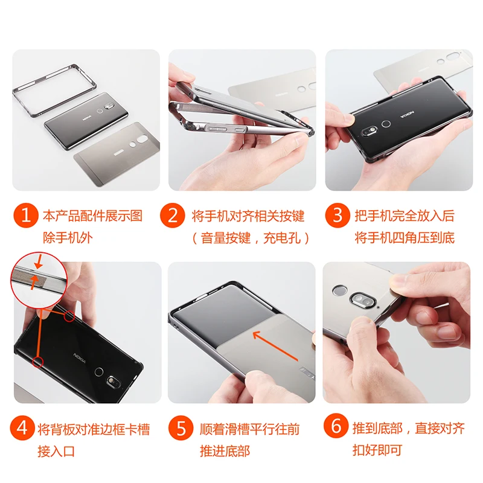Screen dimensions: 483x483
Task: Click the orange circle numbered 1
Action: [x=26, y=216]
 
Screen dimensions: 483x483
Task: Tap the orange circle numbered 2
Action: [x=173, y=216]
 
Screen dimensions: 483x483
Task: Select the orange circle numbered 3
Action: [x=337, y=216]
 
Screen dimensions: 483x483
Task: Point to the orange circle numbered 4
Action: [x=22, y=428]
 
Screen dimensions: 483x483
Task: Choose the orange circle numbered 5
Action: [x=181, y=428]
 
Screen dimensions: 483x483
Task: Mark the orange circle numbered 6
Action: [x=336, y=426]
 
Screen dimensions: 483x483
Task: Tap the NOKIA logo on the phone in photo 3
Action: [x=407, y=115]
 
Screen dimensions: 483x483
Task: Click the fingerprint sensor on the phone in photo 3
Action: [x=386, y=124]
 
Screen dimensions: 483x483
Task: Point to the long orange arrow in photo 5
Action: [x=275, y=346]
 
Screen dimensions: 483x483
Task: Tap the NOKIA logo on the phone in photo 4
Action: [x=80, y=358]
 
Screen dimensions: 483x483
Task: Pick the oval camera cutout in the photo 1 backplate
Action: [x=142, y=139]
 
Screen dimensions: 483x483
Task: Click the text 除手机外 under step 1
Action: [x=68, y=237]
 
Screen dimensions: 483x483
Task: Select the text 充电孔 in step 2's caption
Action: [x=282, y=238]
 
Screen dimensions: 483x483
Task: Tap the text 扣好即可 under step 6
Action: [x=377, y=450]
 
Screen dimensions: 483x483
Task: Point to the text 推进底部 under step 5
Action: [x=225, y=451]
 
